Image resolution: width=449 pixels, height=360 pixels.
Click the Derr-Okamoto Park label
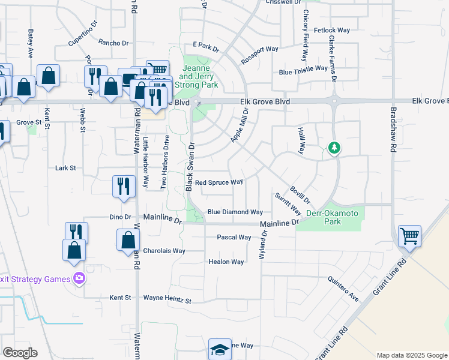[332, 217]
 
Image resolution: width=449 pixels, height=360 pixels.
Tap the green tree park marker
[334, 148]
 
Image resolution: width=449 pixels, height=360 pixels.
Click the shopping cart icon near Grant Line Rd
[409, 235]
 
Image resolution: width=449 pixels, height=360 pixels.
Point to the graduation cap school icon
[220, 349]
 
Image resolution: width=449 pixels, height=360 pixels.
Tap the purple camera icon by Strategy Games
[79, 278]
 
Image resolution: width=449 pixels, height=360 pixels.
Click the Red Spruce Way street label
[218, 182]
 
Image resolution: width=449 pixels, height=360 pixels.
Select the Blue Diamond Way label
[235, 212]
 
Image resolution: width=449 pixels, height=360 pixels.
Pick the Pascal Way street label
[234, 237]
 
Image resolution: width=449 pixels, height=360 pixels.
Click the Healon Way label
[226, 262]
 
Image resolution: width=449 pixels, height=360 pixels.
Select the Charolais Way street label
[164, 251]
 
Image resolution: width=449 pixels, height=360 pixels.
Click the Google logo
[20, 353]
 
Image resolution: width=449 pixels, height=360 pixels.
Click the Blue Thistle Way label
[302, 72]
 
